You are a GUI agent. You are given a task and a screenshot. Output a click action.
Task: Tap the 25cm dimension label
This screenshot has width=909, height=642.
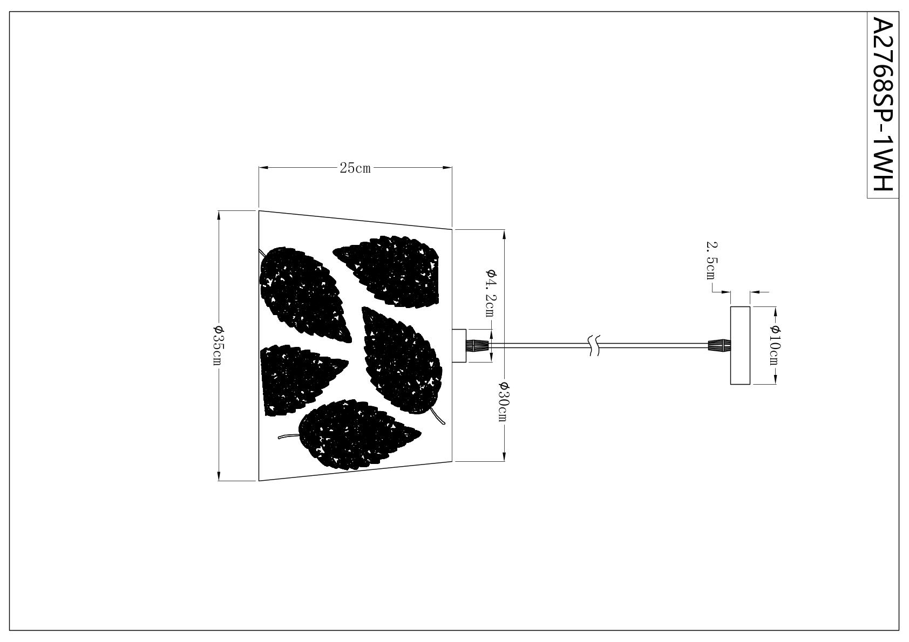click(x=355, y=168)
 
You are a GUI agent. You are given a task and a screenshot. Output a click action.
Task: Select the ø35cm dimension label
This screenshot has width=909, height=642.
click(x=218, y=345)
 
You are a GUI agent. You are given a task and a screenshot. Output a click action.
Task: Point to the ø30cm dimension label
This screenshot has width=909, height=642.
click(x=503, y=401)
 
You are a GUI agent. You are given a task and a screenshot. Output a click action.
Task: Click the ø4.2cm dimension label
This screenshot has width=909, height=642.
click(x=491, y=293)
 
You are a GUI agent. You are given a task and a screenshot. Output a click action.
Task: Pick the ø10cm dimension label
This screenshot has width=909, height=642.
click(x=775, y=345)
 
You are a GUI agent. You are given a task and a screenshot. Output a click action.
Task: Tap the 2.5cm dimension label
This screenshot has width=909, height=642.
click(x=712, y=261)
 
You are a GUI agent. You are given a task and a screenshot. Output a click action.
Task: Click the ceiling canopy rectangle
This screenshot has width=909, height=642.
click(x=740, y=345)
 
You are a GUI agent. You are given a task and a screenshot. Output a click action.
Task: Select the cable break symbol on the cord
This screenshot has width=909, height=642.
click(x=594, y=345)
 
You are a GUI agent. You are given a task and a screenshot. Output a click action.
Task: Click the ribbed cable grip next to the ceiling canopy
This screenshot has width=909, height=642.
click(x=720, y=345)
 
